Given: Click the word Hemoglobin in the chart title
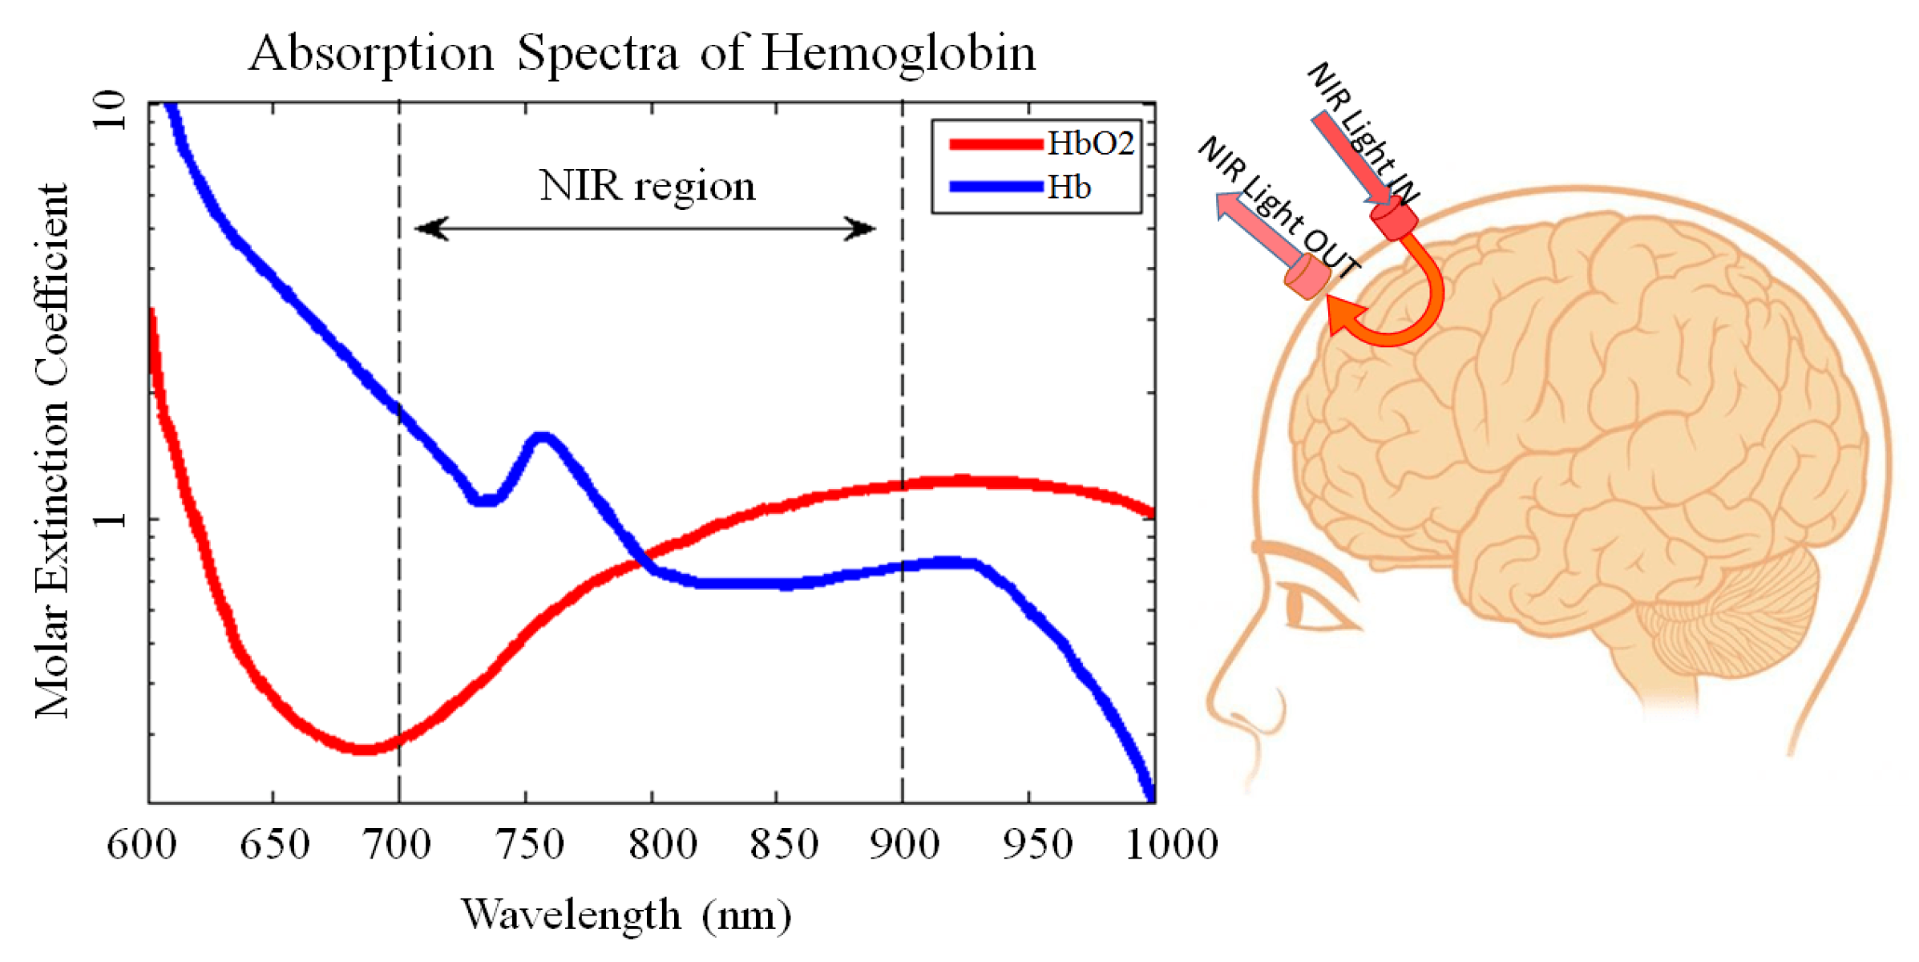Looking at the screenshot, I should (898, 55).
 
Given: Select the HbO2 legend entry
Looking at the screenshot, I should (1090, 144).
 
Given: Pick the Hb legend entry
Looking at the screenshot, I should (1069, 188).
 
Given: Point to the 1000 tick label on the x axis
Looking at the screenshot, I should (1171, 845).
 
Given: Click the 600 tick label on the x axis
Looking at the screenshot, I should (142, 845).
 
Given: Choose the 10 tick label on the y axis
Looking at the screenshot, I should (110, 111).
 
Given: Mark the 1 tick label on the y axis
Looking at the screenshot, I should (110, 519).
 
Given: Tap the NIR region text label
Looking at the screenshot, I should (647, 186).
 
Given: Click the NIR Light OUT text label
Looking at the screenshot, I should (1279, 207).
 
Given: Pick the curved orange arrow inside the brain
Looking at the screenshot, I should (1411, 305).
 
